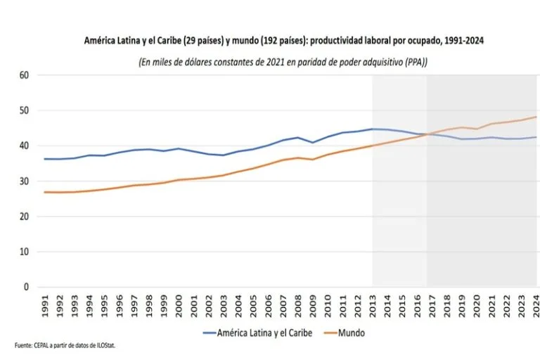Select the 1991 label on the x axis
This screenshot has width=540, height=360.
pyautogui.click(x=45, y=305)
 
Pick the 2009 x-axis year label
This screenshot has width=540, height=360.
pyautogui.click(x=313, y=305)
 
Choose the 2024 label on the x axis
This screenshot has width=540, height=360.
pyautogui.click(x=536, y=305)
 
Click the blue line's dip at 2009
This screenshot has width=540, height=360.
pyautogui.click(x=313, y=143)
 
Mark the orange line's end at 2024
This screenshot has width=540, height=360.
pyautogui.click(x=536, y=117)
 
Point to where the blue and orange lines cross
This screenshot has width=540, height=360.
pyautogui.click(x=426, y=134)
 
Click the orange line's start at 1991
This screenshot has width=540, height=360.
pyautogui.click(x=44, y=192)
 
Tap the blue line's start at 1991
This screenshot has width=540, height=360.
pyautogui.click(x=44, y=159)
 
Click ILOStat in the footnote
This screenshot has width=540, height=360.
pyautogui.click(x=102, y=345)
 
